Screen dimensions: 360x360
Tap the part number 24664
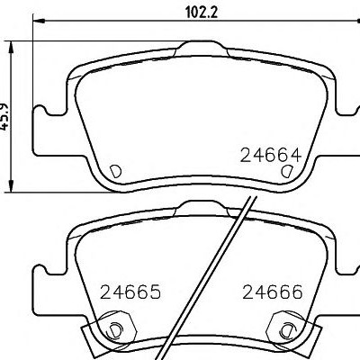(271, 156)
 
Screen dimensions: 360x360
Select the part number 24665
(130, 292)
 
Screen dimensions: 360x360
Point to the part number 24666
(273, 292)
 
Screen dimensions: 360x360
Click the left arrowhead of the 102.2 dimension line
(39, 21)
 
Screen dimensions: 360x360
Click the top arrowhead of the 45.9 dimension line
(11, 48)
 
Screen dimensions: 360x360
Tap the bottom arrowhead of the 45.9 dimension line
(11, 186)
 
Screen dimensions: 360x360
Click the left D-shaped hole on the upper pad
(115, 171)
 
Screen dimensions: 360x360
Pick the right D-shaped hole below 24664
(286, 171)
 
